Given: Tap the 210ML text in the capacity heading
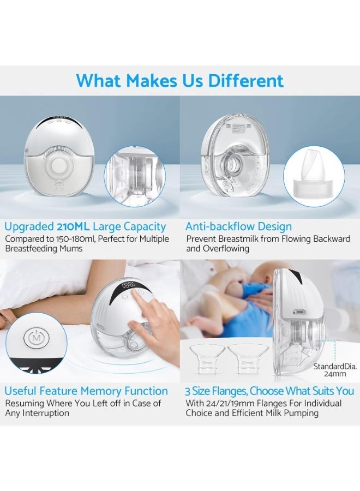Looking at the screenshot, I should click(74, 226).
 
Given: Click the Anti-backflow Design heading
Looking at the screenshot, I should click(238, 226).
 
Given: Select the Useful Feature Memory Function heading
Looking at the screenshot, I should click(86, 391).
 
